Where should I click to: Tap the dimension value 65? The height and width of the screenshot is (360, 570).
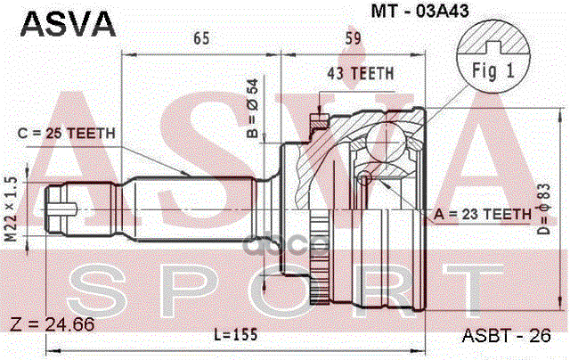[199, 38]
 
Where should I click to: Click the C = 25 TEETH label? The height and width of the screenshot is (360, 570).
[67, 134]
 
